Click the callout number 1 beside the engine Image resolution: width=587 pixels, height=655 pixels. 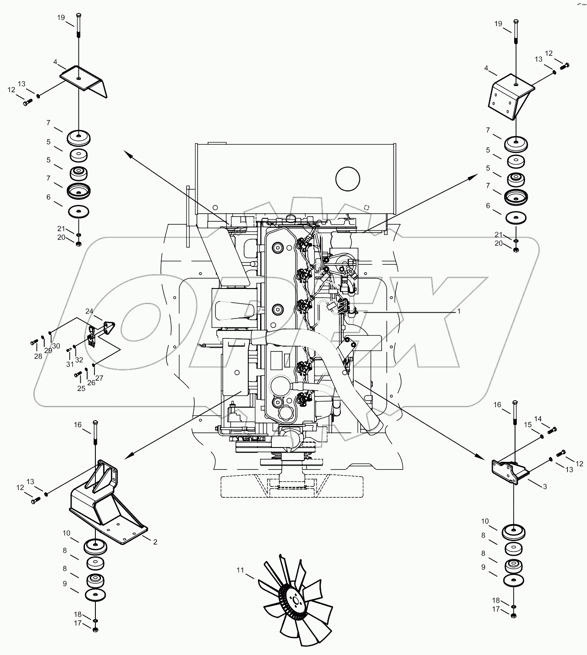pyautogui.click(x=459, y=311)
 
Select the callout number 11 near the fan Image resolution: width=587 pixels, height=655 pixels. pyautogui.click(x=241, y=570)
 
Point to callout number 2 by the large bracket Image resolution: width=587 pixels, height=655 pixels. pyautogui.click(x=155, y=542)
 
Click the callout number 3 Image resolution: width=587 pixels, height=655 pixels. pyautogui.click(x=545, y=486)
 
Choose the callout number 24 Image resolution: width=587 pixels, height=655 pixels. pyautogui.click(x=89, y=311)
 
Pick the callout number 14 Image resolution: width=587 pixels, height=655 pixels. pyautogui.click(x=538, y=419)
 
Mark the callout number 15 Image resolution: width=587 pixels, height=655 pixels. pyautogui.click(x=528, y=425)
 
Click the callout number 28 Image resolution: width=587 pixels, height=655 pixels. pyautogui.click(x=38, y=356)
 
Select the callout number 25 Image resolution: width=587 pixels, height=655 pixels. pyautogui.click(x=81, y=388)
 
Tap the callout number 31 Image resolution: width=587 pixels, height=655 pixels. pyautogui.click(x=70, y=364)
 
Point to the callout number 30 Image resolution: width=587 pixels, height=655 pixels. pyautogui.click(x=56, y=346)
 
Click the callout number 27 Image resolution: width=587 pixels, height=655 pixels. pyautogui.click(x=99, y=378)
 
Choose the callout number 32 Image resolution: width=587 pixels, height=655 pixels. pyautogui.click(x=79, y=360)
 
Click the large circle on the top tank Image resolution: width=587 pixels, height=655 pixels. pyautogui.click(x=348, y=179)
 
